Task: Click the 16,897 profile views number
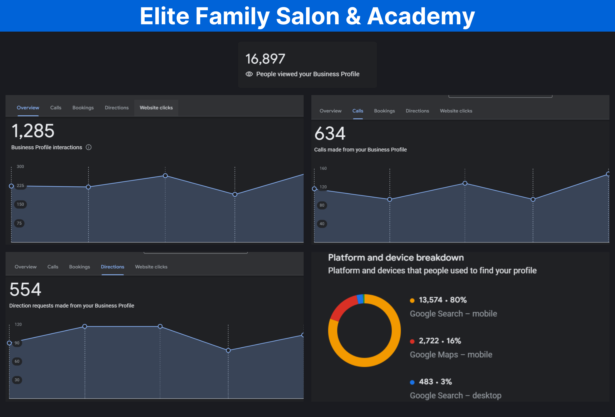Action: point(265,59)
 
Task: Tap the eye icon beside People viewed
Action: point(249,74)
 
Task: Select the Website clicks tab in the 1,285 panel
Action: point(156,108)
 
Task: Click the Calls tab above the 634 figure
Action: point(358,111)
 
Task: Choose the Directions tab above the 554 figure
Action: point(112,267)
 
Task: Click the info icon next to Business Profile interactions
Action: point(88,147)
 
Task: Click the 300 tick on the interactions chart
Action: point(20,167)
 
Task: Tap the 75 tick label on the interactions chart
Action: point(19,223)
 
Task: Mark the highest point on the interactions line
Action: point(165,176)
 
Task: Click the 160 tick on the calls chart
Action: point(323,168)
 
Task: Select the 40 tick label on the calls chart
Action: point(322,224)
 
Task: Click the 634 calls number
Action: point(330,133)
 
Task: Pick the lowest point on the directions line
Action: point(228,350)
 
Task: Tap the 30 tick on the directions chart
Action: point(17,380)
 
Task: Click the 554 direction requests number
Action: point(25,289)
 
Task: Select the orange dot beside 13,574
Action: point(412,300)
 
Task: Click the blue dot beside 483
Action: point(412,382)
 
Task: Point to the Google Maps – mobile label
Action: point(451,355)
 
